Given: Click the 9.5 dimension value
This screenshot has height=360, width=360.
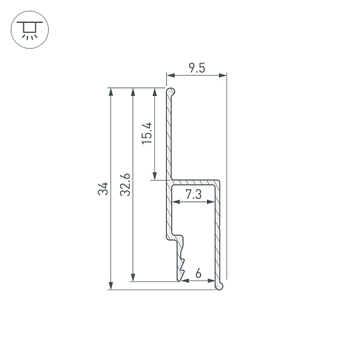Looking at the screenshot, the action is pos(197,68).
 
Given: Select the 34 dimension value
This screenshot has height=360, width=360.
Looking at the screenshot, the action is pos(103,188).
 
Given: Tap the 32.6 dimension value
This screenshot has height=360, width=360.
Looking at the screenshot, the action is pos(125,185).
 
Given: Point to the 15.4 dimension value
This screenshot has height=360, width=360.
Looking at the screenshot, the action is pos(147,133).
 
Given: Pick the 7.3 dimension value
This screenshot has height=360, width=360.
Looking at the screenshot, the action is pos(194,194).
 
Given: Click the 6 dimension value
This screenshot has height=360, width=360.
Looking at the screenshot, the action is pos(199,274).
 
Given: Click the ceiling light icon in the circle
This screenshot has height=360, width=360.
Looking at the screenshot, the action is pos(29,30).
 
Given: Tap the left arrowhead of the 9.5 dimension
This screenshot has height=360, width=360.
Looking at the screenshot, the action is pos(170,76).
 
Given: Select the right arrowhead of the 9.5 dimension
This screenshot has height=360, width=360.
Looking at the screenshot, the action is pos(223,76).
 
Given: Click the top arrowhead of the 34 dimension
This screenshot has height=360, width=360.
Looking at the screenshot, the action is pos(111,92).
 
